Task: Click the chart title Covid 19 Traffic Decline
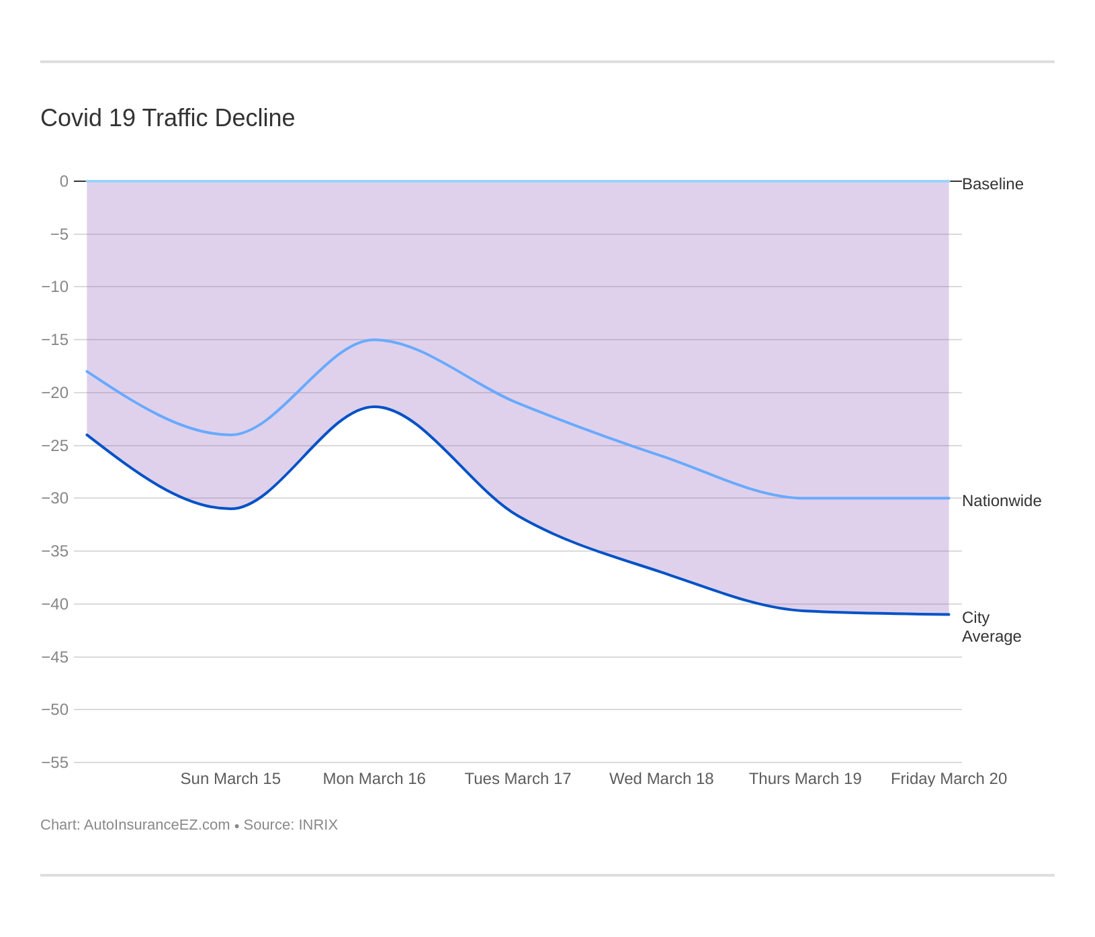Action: point(167,118)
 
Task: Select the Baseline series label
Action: point(992,184)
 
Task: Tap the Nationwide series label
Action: point(1001,501)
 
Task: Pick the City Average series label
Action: point(990,627)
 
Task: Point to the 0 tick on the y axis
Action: point(64,181)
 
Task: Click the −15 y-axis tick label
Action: point(55,340)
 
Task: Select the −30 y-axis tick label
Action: point(55,498)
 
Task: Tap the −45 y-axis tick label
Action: point(55,657)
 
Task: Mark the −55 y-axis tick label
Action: point(55,762)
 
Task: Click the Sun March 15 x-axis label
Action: point(230,779)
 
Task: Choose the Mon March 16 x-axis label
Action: point(374,779)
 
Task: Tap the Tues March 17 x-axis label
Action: point(518,779)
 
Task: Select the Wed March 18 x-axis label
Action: point(661,779)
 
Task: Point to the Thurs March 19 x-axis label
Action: point(805,779)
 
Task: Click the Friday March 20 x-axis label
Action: point(949,779)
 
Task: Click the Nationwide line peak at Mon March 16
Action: point(374,340)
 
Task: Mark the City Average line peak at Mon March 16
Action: point(374,407)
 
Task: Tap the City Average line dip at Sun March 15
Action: point(230,509)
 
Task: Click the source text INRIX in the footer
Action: point(316,825)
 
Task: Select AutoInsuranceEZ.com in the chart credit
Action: point(157,825)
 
